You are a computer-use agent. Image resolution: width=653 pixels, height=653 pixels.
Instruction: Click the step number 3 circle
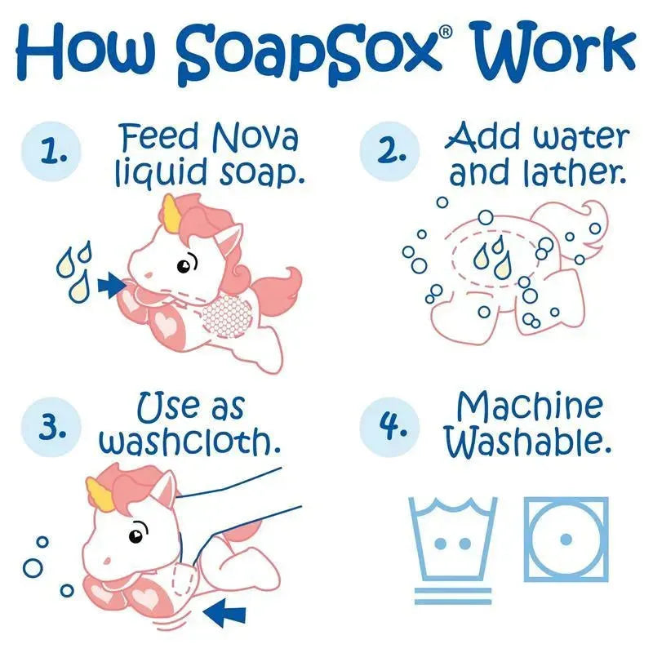tap(51, 428)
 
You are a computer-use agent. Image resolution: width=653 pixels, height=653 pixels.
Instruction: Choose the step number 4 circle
tap(390, 428)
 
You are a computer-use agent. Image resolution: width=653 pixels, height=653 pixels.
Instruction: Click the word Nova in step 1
tap(255, 137)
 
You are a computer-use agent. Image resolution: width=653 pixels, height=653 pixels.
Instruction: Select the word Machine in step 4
tap(530, 406)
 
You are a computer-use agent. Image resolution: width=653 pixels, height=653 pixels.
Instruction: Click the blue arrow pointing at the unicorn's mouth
tap(112, 287)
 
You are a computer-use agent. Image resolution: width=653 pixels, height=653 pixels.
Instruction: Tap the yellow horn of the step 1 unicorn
tap(172, 212)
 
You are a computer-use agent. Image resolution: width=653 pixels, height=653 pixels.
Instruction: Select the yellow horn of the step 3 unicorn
tap(100, 493)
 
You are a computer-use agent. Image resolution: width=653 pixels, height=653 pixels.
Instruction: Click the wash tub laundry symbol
tap(453, 549)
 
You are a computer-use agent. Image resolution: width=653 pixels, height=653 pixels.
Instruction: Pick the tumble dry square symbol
tap(566, 540)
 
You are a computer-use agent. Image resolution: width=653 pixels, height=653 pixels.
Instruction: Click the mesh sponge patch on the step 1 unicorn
tap(227, 314)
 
